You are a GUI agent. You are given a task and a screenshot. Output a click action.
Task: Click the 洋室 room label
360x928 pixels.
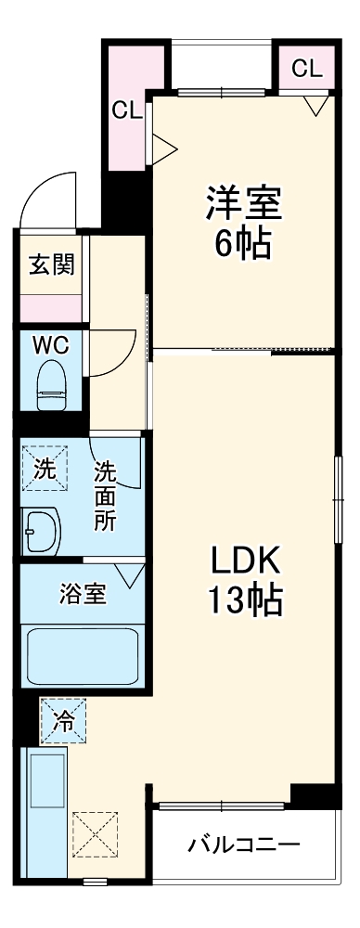pyautogui.click(x=243, y=202)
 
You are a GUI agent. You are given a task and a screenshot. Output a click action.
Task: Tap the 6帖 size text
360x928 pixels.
pyautogui.click(x=243, y=243)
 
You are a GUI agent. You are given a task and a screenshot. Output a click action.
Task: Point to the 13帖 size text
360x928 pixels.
pyautogui.click(x=244, y=602)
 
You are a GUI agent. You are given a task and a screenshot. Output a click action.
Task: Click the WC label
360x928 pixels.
pyautogui.click(x=51, y=345)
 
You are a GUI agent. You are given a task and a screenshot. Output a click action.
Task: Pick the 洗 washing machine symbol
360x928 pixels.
pyautogui.click(x=45, y=470)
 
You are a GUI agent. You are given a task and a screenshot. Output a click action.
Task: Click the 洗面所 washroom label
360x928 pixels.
pyautogui.click(x=104, y=496)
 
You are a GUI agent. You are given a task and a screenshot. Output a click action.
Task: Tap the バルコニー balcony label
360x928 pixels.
pyautogui.click(x=244, y=845)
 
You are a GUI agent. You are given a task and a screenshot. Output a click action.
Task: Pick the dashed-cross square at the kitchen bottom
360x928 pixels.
pyautogui.click(x=96, y=834)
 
